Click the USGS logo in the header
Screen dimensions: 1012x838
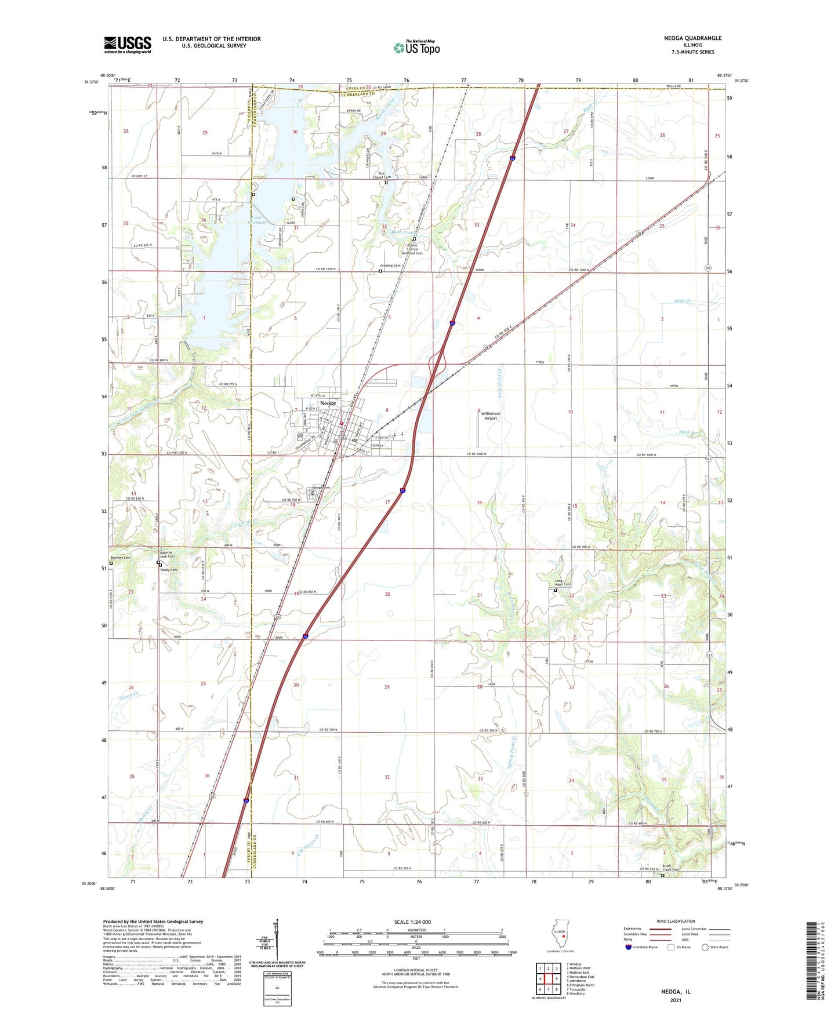128,44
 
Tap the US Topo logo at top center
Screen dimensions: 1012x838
416,48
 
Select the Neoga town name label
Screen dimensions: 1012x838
328,403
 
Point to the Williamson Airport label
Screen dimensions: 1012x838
490,416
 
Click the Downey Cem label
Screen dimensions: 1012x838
121,558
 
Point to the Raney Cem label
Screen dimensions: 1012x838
169,570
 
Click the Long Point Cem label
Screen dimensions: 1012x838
563,583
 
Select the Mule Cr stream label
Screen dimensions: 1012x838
683,301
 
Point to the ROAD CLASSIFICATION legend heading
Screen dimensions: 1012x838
676,921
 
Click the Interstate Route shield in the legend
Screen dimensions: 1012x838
629,947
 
